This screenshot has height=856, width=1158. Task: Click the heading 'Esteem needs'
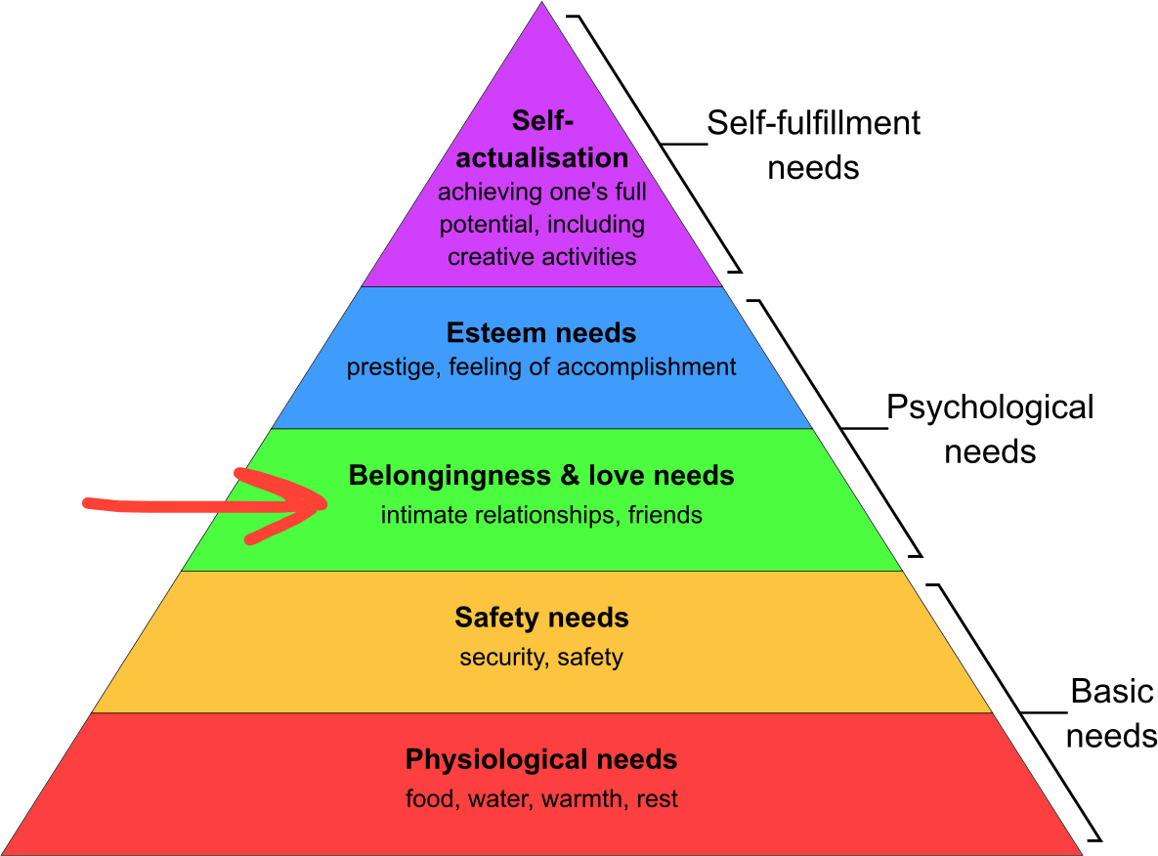pyautogui.click(x=540, y=333)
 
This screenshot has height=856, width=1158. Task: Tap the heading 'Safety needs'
pyautogui.click(x=540, y=618)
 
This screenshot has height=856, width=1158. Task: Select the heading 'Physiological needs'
pyautogui.click(x=540, y=759)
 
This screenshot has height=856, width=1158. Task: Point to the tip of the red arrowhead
pyautogui.click(x=326, y=504)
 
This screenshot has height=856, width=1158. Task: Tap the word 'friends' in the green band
pyautogui.click(x=665, y=514)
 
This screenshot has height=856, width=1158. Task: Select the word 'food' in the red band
pyautogui.click(x=430, y=799)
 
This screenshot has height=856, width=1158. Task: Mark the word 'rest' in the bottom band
pyautogui.click(x=657, y=799)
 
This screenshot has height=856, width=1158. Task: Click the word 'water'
pyautogui.click(x=498, y=799)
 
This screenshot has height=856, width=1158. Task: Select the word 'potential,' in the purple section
pyautogui.click(x=489, y=224)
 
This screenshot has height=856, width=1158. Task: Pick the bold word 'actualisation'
pyautogui.click(x=541, y=157)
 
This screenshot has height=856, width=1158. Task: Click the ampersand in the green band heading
pyautogui.click(x=569, y=476)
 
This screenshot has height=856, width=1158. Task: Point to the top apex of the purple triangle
pyautogui.click(x=542, y=6)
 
